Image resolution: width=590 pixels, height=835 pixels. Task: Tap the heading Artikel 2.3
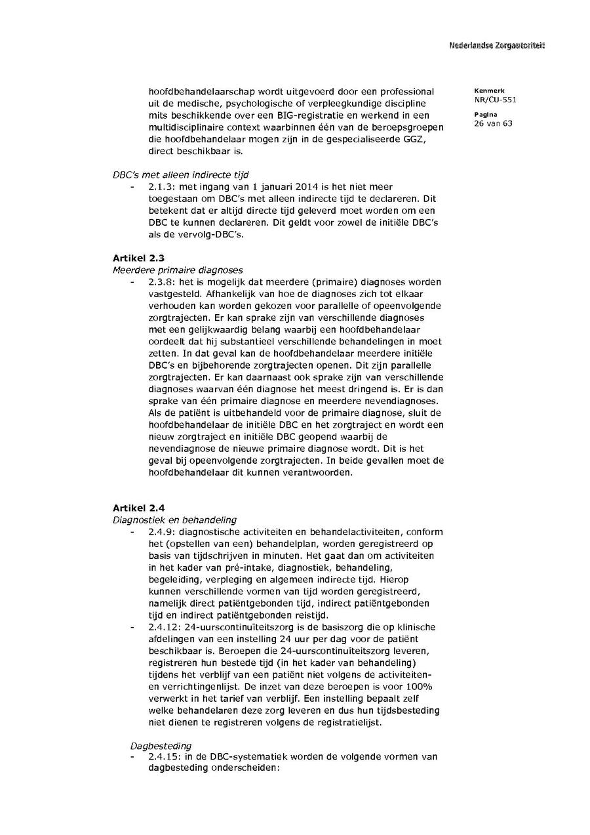[138, 258]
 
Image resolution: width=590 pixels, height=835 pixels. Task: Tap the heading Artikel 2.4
[138, 508]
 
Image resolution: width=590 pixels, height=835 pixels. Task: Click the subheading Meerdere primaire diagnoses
[178, 270]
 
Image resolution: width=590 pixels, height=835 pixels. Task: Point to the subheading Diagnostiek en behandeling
[174, 519]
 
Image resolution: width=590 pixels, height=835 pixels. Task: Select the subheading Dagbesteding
[161, 745]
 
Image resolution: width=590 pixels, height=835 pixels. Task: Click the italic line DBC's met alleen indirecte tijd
[181, 175]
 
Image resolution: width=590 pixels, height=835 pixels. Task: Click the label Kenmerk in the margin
[486, 91]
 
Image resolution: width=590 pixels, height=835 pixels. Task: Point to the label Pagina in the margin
[483, 114]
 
